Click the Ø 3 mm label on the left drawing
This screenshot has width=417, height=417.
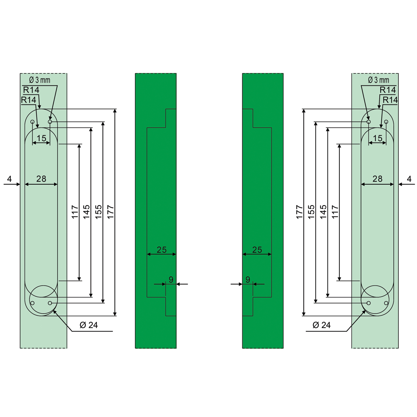(x=40, y=80)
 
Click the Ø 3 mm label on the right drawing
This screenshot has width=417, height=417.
(x=379, y=80)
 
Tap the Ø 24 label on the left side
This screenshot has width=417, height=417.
(x=89, y=325)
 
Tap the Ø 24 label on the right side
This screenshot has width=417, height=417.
(x=322, y=325)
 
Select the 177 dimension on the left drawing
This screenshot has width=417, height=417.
(x=111, y=212)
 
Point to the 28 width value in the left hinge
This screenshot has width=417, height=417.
(x=41, y=179)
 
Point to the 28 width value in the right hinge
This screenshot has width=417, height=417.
(x=377, y=179)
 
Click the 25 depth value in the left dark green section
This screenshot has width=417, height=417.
(x=161, y=250)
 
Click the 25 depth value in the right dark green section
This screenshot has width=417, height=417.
(x=257, y=250)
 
